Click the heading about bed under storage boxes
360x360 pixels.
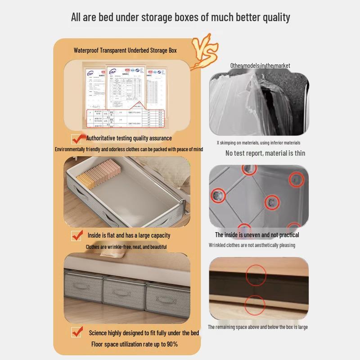(x=180, y=18)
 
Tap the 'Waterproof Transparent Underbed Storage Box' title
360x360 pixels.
(x=125, y=50)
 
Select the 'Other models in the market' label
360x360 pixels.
(x=260, y=66)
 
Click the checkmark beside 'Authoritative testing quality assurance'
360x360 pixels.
(x=77, y=139)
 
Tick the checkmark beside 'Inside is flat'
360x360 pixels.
(x=77, y=235)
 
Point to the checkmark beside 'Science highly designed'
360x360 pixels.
(x=77, y=332)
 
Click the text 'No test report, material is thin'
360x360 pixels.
(x=265, y=153)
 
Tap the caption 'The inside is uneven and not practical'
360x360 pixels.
(x=257, y=235)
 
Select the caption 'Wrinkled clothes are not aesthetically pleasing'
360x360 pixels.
(x=252, y=245)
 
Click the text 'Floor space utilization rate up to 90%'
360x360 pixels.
(x=135, y=344)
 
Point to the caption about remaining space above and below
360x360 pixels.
(x=258, y=327)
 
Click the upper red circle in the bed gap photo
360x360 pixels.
(x=256, y=275)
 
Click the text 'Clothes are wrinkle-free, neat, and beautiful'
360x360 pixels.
(x=126, y=247)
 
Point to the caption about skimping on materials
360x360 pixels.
(x=258, y=143)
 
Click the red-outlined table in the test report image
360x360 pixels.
(x=126, y=118)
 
